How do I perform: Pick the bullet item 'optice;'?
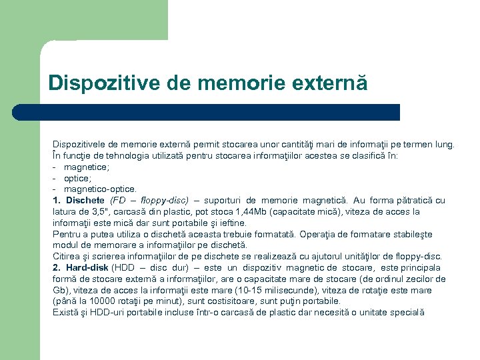click(77, 178)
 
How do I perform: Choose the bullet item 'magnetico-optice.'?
click(100, 189)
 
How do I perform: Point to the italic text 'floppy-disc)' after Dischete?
click(165, 200)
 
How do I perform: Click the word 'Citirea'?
click(67, 257)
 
